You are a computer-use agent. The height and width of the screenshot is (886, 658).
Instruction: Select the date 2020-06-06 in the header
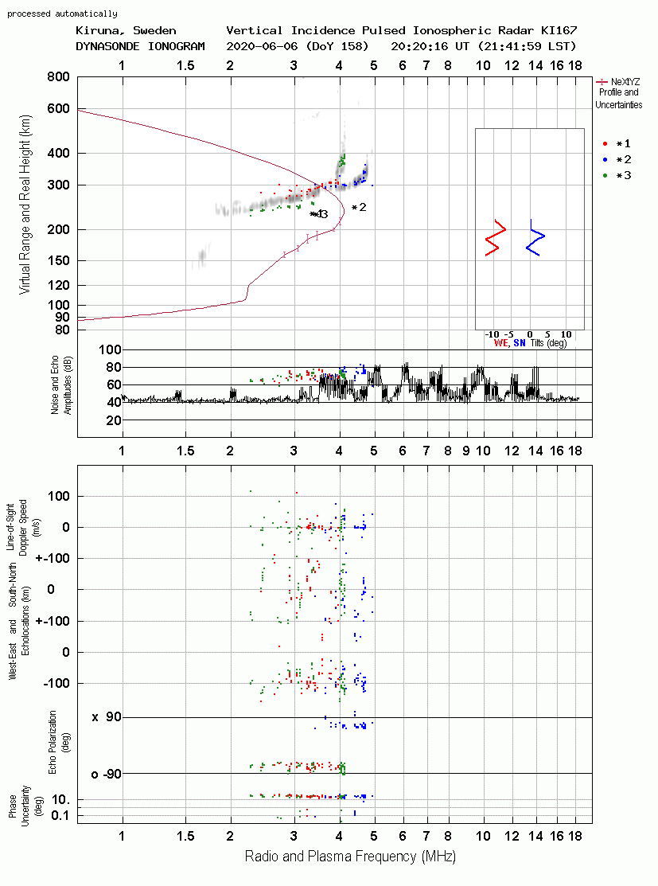(x=262, y=46)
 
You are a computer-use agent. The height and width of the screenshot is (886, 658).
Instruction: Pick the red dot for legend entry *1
(x=605, y=144)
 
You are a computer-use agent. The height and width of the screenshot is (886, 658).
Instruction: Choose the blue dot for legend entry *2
(x=605, y=160)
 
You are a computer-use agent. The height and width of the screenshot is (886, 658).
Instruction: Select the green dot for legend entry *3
(x=605, y=176)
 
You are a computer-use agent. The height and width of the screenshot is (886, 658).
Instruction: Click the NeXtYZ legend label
(x=625, y=82)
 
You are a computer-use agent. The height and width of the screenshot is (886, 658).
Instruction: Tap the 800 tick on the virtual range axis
(x=58, y=76)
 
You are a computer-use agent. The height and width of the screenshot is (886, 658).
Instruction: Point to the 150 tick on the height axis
(x=58, y=260)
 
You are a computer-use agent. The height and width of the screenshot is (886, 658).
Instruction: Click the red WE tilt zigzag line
(x=496, y=238)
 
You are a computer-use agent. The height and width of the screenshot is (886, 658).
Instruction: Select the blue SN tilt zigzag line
(x=535, y=238)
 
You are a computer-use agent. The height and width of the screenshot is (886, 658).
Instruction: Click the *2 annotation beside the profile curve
(x=359, y=208)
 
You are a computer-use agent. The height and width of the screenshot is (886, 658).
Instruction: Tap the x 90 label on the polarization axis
(x=107, y=717)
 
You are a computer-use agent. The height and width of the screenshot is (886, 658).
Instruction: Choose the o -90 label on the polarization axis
(x=107, y=774)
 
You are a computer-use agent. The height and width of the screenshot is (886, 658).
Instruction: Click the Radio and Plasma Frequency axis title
(x=350, y=857)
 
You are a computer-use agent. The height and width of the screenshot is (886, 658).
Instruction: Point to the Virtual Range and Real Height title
(x=25, y=205)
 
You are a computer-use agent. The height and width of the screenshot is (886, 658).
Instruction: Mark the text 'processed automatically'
(x=62, y=14)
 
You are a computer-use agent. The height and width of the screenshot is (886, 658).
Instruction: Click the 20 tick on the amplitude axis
(x=114, y=420)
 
